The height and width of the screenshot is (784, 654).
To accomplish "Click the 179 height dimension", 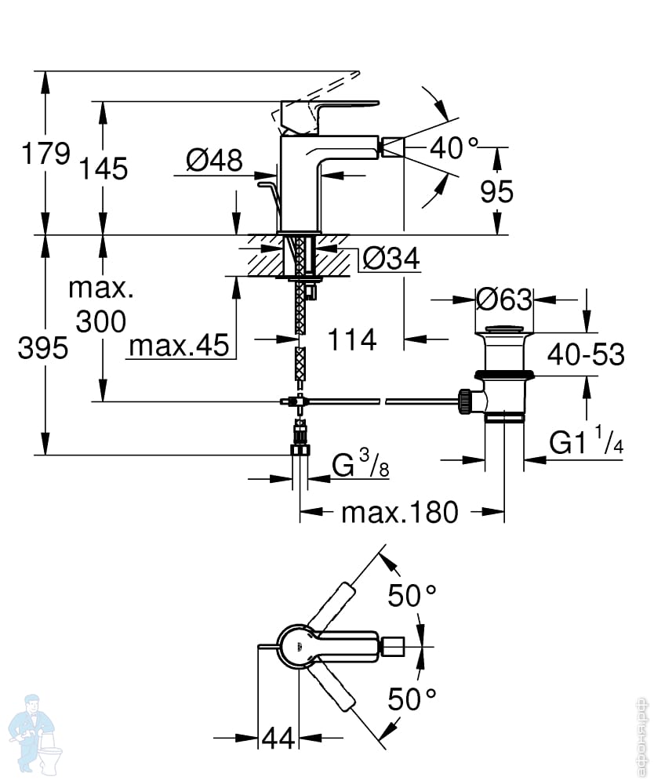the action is click(x=45, y=153).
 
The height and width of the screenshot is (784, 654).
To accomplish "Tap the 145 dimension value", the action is click(x=104, y=168).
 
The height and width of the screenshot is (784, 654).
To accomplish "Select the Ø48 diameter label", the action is click(x=214, y=160).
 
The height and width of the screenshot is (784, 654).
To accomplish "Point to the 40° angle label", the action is click(x=454, y=147).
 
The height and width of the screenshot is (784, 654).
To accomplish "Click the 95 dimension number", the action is click(x=496, y=191).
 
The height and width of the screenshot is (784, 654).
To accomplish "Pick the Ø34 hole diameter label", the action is click(x=391, y=259).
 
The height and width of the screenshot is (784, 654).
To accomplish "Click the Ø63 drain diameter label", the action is click(x=504, y=299).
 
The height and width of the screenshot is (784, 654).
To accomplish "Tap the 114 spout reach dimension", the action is click(x=352, y=340).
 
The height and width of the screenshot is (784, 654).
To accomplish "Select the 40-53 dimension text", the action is click(x=586, y=354).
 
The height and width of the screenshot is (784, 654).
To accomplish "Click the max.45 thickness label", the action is click(x=179, y=345).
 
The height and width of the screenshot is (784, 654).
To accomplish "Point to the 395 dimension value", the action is click(x=43, y=347).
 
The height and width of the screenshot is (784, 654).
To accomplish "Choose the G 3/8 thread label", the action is click(x=360, y=463).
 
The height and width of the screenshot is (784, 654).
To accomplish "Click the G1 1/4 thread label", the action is click(x=586, y=440).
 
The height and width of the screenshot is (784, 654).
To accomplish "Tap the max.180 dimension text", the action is click(x=399, y=512).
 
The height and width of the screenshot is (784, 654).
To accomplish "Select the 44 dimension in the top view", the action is click(x=278, y=738).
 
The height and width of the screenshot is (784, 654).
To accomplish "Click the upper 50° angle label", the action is click(x=412, y=595).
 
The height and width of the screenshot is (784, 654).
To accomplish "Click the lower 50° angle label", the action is click(x=412, y=699).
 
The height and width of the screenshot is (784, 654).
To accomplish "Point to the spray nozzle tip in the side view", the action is click(x=393, y=147).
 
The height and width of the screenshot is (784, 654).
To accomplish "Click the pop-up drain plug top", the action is click(x=505, y=329).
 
